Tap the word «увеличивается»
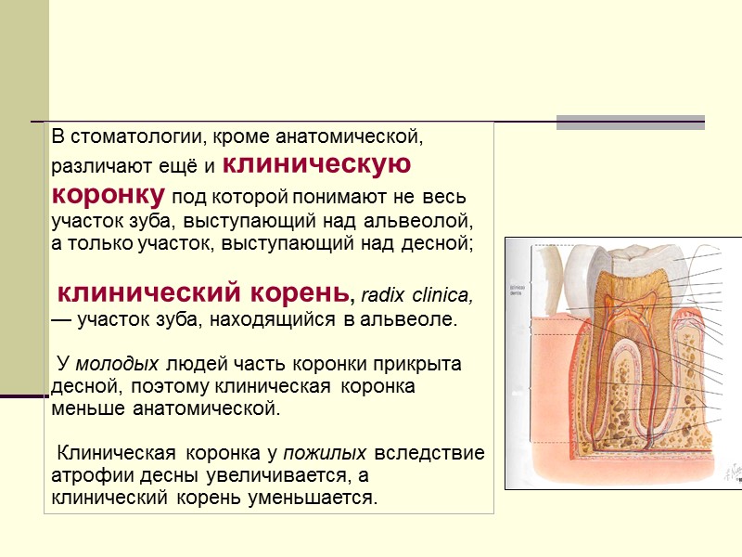249,476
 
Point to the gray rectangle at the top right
630,123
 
